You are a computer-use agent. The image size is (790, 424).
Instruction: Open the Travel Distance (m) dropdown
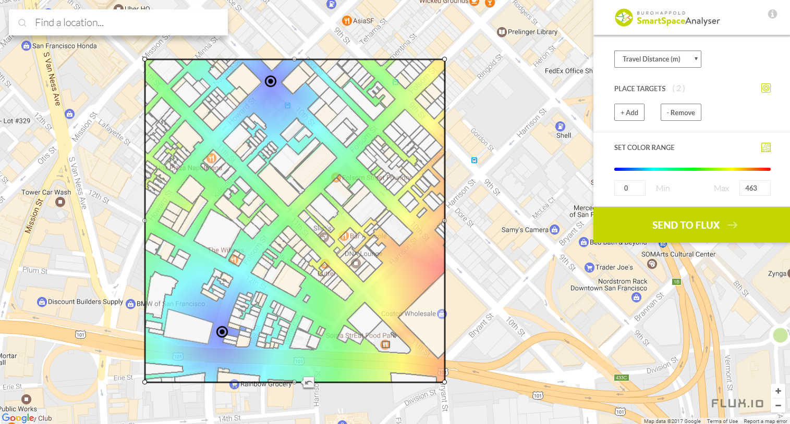tap(658, 59)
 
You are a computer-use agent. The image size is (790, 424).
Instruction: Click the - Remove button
tap(680, 113)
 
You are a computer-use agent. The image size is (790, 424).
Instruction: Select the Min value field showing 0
tap(629, 188)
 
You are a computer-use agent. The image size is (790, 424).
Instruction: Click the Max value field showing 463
tap(754, 188)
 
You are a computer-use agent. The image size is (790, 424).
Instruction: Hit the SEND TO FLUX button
tap(691, 225)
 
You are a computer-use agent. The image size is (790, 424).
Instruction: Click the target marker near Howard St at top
tap(271, 81)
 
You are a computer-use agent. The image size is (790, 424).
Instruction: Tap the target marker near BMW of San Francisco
tap(222, 332)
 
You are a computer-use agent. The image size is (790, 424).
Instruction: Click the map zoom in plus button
tap(778, 391)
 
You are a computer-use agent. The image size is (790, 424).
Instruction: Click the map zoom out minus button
tap(778, 405)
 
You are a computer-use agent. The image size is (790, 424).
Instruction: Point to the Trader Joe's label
tap(614, 267)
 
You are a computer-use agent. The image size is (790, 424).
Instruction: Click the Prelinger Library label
tap(532, 32)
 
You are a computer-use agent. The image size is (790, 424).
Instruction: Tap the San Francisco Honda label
tap(64, 46)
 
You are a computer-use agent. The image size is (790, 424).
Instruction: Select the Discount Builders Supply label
tap(85, 302)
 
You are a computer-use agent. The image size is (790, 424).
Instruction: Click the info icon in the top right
tap(772, 14)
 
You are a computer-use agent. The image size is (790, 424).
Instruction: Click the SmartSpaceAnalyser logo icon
tap(624, 18)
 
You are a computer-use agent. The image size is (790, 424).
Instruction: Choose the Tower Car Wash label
tap(46, 192)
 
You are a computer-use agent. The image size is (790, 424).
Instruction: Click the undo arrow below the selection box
tap(309, 383)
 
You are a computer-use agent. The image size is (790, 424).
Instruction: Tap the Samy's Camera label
tap(525, 230)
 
